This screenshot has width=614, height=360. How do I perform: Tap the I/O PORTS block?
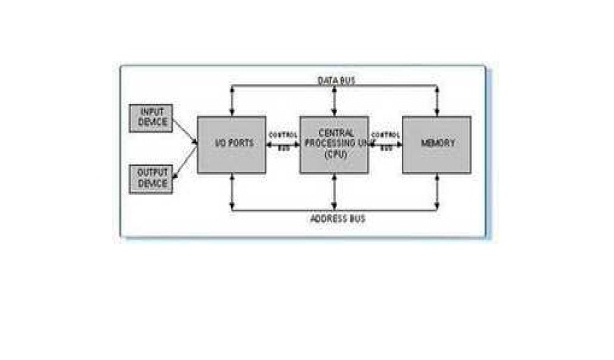click(232, 144)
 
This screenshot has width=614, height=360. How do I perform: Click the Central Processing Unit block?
click(334, 144)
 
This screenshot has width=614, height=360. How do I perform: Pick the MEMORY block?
click(437, 144)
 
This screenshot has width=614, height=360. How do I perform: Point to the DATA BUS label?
click(334, 77)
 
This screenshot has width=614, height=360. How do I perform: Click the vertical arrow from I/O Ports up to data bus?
click(232, 100)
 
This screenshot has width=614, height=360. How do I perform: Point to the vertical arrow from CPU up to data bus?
click(334, 100)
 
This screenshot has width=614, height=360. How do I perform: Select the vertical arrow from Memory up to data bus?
click(437, 100)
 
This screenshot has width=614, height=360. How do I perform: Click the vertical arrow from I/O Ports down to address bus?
click(232, 191)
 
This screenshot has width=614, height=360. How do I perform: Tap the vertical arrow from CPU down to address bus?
click(334, 191)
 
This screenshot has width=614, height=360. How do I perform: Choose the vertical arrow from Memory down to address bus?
click(437, 191)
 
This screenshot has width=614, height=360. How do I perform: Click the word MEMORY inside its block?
click(437, 144)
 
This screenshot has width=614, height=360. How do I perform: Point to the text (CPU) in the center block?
click(334, 155)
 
